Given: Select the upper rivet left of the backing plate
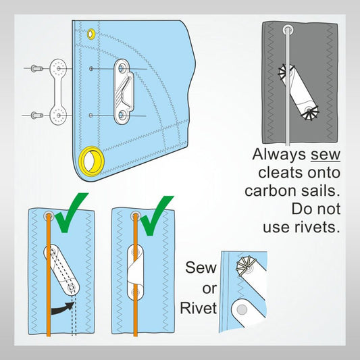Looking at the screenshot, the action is (36, 68).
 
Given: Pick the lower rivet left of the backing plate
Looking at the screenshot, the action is (36, 115).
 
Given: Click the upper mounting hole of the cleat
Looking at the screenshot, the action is (121, 68).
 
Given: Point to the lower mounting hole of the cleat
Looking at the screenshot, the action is (121, 114).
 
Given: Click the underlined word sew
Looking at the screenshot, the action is (326, 155).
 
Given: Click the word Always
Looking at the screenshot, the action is (279, 155).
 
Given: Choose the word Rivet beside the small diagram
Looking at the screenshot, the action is (199, 308).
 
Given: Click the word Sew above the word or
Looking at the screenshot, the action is (201, 267).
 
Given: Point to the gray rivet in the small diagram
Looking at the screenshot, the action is (242, 310).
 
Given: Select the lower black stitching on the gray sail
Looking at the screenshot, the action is (310, 113).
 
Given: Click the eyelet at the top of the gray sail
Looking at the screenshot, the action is (288, 30).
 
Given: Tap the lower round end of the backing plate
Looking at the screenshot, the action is (59, 115).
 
